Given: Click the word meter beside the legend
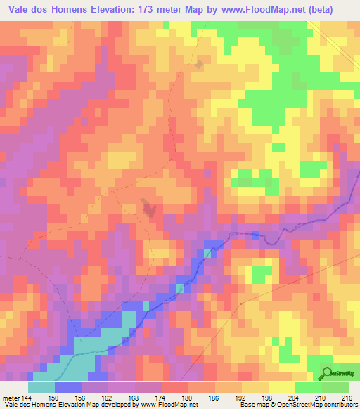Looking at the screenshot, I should coord(10,397).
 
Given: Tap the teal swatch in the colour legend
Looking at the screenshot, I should coord(41,387).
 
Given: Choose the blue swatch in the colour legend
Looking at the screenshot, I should coord(68,387).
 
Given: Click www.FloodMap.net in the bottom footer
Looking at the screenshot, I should coord(169,405).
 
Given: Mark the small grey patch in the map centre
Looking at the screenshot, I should coord(148,207).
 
